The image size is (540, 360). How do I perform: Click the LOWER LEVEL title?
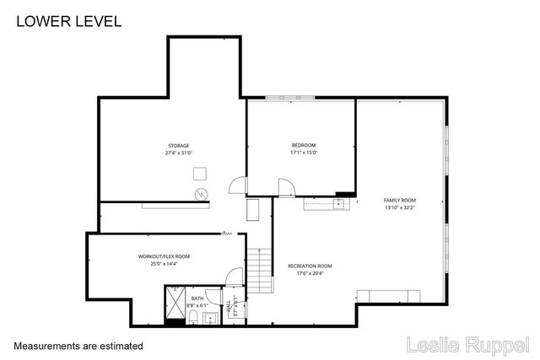coord(68,21)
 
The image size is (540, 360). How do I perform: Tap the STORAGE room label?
coord(178,146)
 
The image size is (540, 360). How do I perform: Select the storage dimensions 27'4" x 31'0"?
coord(178,153)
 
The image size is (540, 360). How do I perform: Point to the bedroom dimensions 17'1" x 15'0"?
coord(303,153)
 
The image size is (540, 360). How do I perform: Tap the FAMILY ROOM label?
coord(400,200)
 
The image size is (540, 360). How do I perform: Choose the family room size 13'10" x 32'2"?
coord(400,207)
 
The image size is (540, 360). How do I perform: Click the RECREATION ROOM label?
coord(310,266)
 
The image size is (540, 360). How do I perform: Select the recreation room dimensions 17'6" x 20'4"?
coord(310,272)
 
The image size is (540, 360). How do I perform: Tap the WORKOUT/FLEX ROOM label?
coord(164,256)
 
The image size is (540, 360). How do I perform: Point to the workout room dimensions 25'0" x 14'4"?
coord(164,263)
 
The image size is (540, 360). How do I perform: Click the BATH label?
coord(197,298)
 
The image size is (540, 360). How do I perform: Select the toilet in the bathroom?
coord(193,317)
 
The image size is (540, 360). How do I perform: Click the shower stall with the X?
coord(177,304)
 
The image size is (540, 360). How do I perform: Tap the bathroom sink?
coord(209,319)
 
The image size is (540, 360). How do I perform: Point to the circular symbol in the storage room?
coord(202,194)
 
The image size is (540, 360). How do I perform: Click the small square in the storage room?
coord(199,173)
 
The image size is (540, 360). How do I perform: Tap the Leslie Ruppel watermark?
coord(467,345)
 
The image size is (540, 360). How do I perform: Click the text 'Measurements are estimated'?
coord(78,346)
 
